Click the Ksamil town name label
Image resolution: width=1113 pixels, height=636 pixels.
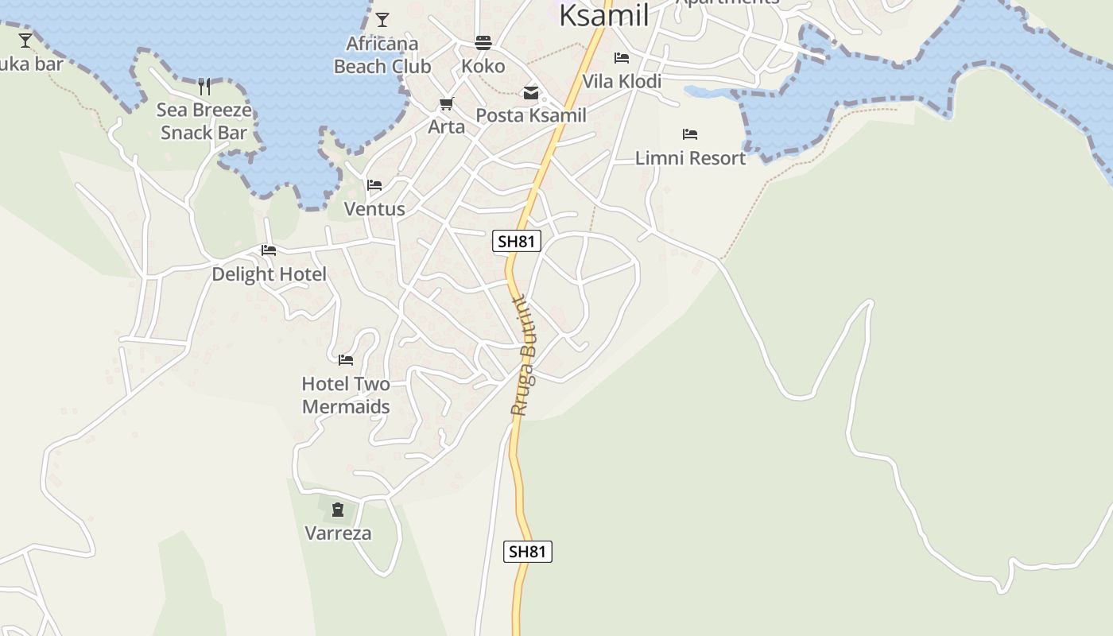click(603, 14)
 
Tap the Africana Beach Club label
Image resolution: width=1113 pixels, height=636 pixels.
click(382, 55)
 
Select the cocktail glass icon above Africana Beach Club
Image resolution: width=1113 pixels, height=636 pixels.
click(382, 20)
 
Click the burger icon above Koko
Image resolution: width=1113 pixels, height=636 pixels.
click(483, 43)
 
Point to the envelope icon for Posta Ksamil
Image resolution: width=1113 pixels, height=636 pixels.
click(531, 93)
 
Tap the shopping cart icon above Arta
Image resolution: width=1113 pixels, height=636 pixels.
click(446, 104)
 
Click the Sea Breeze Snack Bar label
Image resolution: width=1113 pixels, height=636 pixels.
click(204, 121)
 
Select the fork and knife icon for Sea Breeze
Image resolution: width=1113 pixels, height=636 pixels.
click(204, 87)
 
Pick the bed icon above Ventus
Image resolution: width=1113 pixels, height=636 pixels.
click(374, 185)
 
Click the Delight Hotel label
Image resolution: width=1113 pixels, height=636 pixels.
click(269, 274)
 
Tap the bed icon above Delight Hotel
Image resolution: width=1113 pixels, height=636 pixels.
click(269, 250)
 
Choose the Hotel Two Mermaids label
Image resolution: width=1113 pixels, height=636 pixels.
click(346, 395)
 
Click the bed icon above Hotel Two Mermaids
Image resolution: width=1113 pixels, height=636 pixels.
click(346, 360)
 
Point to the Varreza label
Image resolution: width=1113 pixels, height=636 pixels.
click(338, 533)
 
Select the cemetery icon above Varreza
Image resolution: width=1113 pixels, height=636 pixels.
click(338, 510)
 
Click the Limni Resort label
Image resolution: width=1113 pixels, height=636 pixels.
click(690, 158)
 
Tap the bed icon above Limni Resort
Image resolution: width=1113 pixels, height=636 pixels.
click(690, 134)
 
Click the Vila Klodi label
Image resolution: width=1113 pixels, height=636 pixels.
click(622, 81)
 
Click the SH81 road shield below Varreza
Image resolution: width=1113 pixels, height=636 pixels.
click(528, 552)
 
